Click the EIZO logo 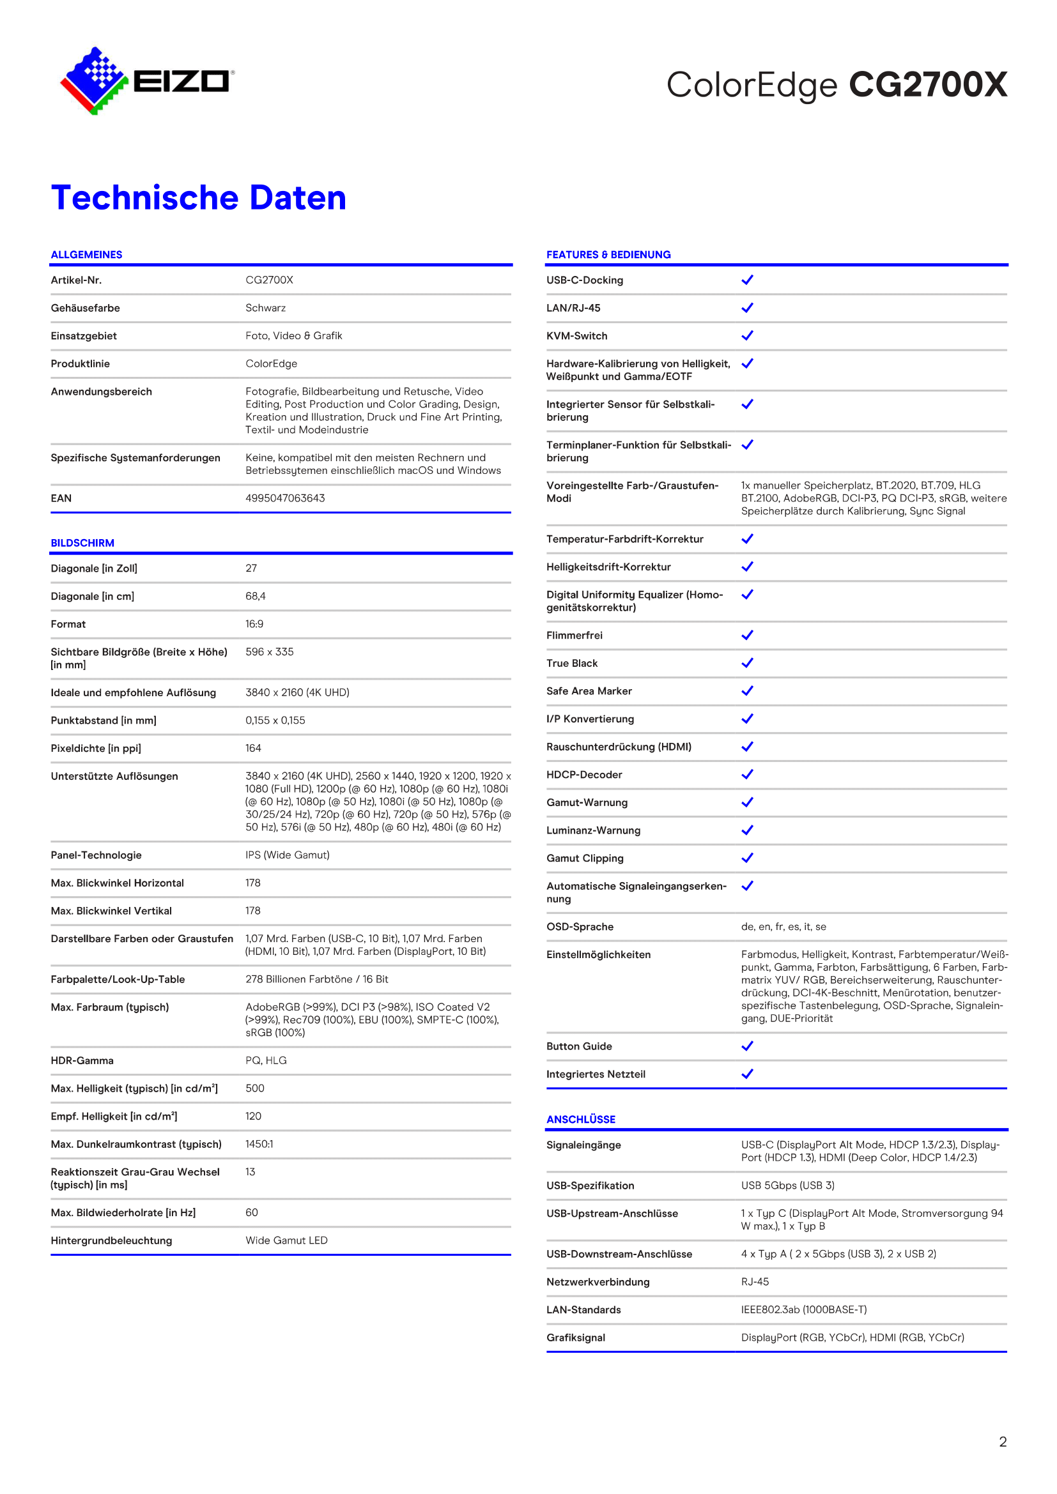pyautogui.click(x=147, y=81)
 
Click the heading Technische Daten pyautogui.click(x=199, y=198)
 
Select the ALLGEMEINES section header pyautogui.click(x=86, y=254)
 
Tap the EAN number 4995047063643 pyautogui.click(x=285, y=498)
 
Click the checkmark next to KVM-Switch pyautogui.click(x=747, y=336)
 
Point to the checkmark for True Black pyautogui.click(x=747, y=663)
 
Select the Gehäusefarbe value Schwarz pyautogui.click(x=266, y=308)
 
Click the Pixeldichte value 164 pyautogui.click(x=253, y=749)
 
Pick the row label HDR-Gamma pyautogui.click(x=82, y=1061)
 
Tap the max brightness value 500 pyautogui.click(x=254, y=1088)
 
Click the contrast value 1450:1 pyautogui.click(x=259, y=1144)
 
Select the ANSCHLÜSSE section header pyautogui.click(x=580, y=1119)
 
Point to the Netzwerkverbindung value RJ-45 pyautogui.click(x=755, y=1282)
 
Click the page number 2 pyautogui.click(x=1003, y=1442)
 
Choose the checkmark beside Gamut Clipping pyautogui.click(x=747, y=858)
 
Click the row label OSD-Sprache pyautogui.click(x=580, y=927)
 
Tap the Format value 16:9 pyautogui.click(x=254, y=624)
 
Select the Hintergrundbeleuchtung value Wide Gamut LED pyautogui.click(x=286, y=1240)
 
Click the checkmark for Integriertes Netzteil pyautogui.click(x=747, y=1074)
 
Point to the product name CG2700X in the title pyautogui.click(x=927, y=85)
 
